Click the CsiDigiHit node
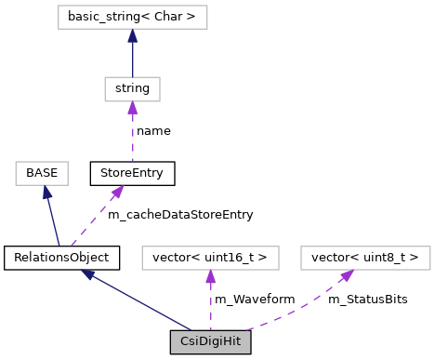(210, 341)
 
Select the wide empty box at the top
(132, 18)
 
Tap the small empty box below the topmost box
(132, 89)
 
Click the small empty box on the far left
(42, 173)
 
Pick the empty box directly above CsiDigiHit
(210, 258)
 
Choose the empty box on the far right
(365, 258)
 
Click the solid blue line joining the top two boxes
(132, 59)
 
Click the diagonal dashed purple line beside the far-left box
(94, 220)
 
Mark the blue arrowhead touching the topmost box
(132, 36)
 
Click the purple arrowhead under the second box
(132, 108)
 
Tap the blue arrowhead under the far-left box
(46, 193)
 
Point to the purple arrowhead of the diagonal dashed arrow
(117, 192)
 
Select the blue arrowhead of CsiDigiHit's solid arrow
(87, 274)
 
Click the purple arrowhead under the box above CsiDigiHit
(210, 277)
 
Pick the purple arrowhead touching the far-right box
(347, 275)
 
